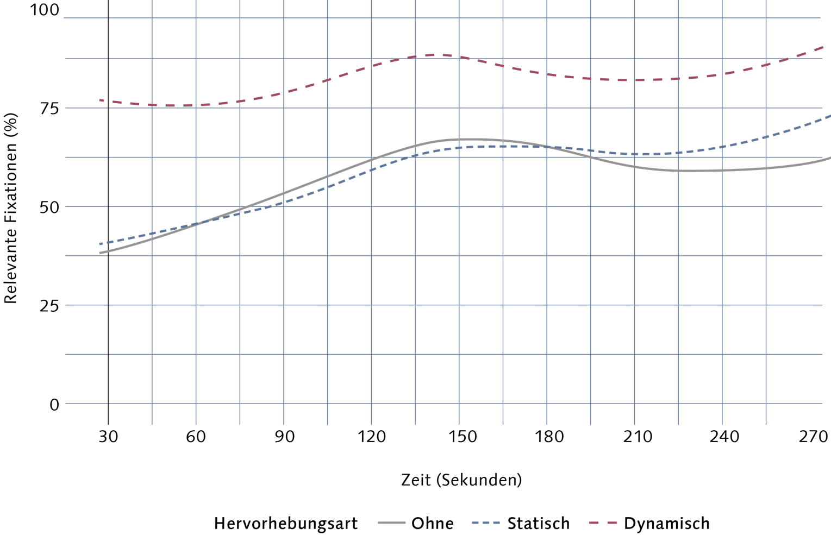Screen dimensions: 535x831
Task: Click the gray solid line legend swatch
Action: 392,523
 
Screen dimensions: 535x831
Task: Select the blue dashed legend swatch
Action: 485,523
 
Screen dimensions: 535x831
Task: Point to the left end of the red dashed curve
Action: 99,100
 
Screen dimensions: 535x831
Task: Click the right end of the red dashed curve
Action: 824,47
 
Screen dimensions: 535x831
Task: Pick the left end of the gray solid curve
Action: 99,253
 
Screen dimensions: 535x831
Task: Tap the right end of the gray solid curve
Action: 830,158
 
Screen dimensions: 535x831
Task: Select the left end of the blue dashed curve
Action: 99,244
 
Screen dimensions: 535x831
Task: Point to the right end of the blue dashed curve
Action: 830,116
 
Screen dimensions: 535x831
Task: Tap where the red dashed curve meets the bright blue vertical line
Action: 152,105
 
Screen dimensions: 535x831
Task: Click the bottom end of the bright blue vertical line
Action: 152,425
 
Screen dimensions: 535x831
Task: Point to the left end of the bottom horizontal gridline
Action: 65,404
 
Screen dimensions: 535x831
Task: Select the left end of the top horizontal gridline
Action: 64,18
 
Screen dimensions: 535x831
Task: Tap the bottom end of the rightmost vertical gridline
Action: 766,425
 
